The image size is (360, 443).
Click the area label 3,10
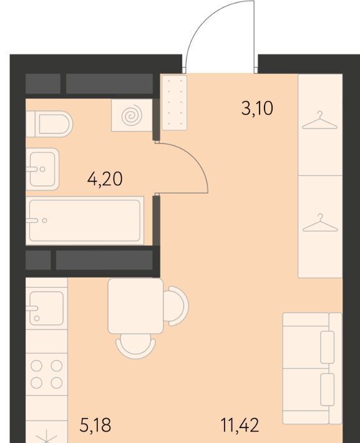click(257, 109)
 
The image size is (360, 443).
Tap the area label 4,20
click(105, 179)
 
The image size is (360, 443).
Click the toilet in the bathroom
click(49, 124)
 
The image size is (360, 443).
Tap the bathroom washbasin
click(42, 169)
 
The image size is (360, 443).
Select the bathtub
click(84, 220)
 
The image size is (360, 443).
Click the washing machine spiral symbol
click(132, 115)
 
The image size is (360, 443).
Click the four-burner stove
click(47, 374)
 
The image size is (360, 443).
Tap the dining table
click(135, 306)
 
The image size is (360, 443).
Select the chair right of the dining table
click(176, 306)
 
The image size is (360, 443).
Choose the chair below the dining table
click(135, 346)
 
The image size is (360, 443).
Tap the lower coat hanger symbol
click(320, 223)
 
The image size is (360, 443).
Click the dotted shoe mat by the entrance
click(174, 102)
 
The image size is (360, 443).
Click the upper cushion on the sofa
click(328, 347)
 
